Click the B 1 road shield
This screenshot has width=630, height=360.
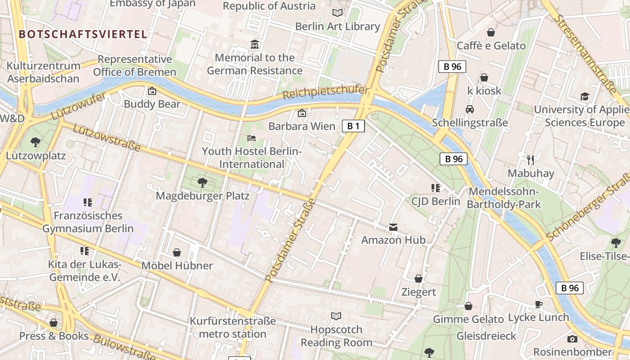353,126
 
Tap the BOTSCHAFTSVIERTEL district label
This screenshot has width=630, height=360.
83,34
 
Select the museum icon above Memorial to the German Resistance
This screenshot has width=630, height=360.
255,45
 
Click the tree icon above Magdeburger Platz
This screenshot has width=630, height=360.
202,182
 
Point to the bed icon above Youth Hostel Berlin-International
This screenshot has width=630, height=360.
252,138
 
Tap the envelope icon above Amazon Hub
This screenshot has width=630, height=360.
393,227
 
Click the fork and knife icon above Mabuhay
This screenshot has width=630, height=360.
531,160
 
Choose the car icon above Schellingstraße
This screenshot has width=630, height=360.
470,109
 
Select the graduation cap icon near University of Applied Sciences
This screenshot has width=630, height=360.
584,96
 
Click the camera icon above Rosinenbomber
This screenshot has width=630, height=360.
572,339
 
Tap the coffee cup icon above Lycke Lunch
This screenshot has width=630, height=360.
538,304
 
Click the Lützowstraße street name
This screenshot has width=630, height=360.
106,136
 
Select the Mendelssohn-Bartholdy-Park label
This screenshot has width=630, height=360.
504,198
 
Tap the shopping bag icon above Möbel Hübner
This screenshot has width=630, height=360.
177,252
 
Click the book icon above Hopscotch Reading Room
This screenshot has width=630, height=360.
336,316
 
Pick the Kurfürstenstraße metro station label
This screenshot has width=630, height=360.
233,328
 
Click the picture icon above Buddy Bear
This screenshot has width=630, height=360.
152,91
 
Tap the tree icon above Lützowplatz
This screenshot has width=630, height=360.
36,143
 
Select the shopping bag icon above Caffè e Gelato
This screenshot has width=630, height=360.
491,32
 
